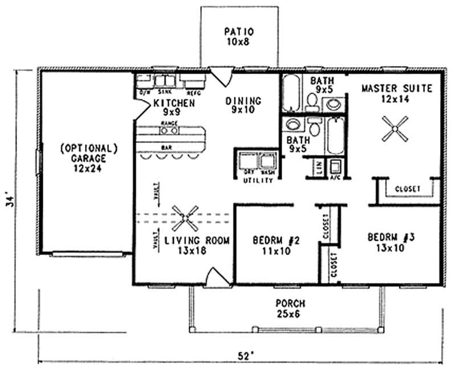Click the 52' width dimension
click(244, 356)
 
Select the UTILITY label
click(255, 180)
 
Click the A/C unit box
click(336, 167)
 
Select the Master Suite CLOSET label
click(407, 189)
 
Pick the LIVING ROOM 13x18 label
click(197, 246)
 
